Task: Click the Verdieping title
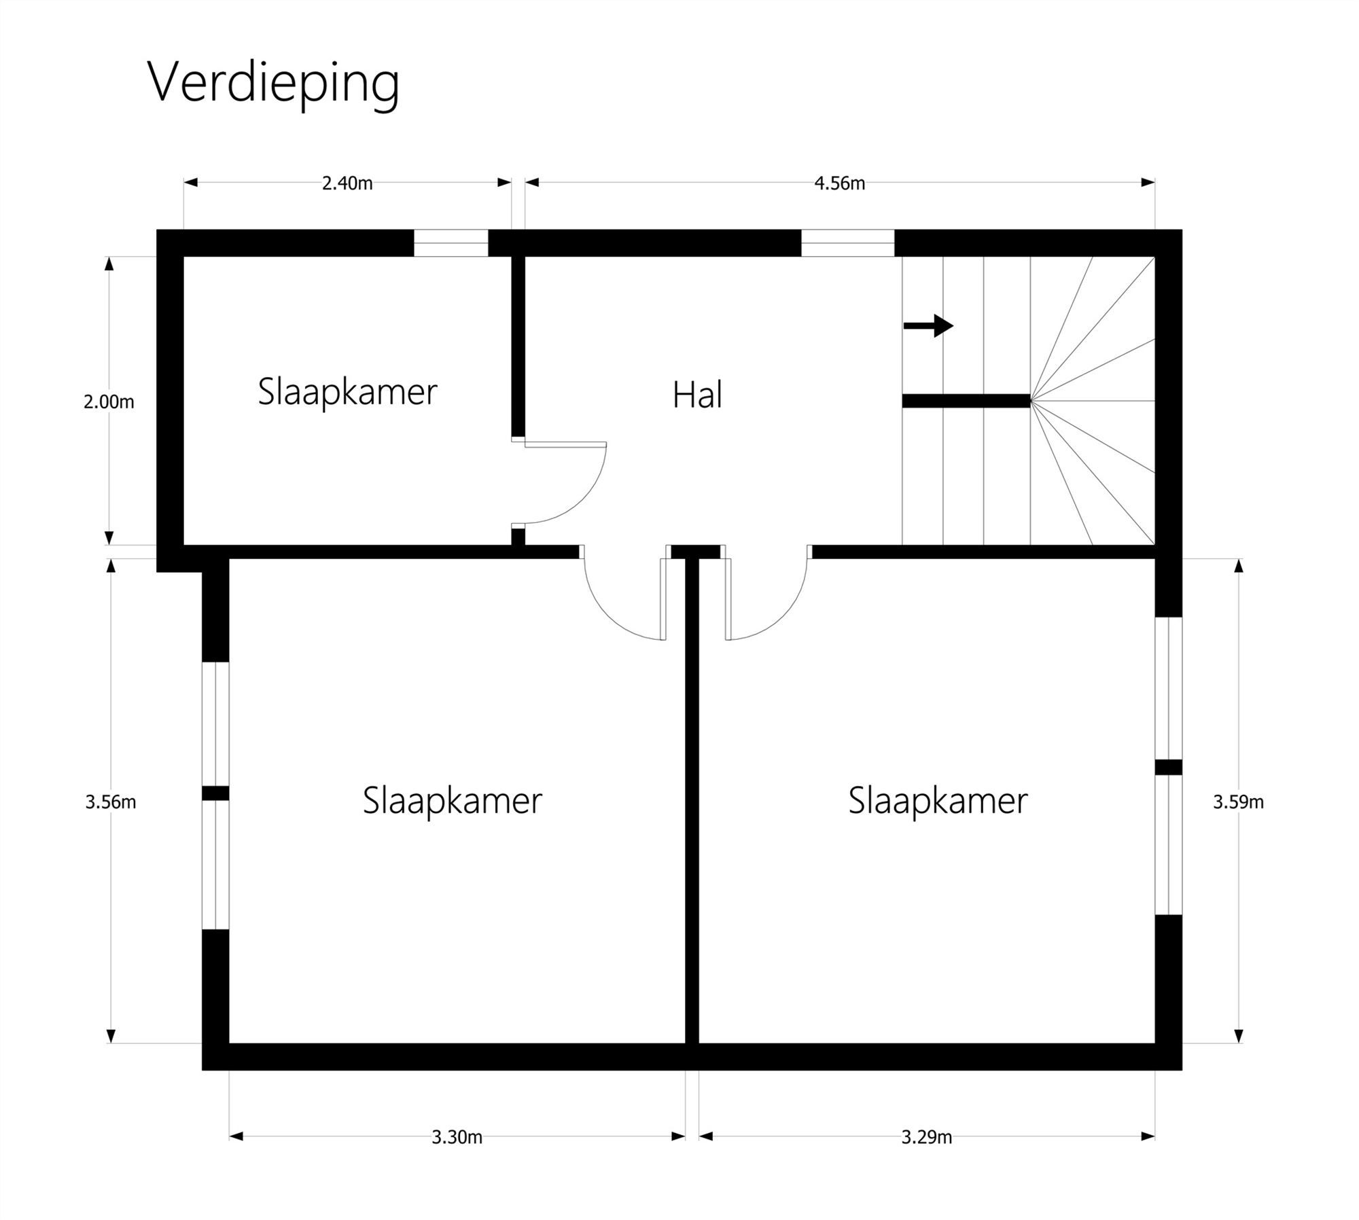click(273, 83)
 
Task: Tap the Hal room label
click(697, 395)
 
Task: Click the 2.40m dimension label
click(347, 183)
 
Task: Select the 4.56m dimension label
click(840, 183)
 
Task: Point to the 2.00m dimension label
click(109, 402)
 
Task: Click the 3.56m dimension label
click(110, 802)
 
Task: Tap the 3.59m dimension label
click(1238, 802)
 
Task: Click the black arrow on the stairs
click(928, 326)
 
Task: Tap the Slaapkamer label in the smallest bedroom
click(347, 392)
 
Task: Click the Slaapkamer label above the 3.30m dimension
click(452, 800)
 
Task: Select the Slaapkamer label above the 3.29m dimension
click(938, 800)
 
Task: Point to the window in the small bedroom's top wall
click(451, 243)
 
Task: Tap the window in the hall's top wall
click(847, 243)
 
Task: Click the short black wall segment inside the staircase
click(966, 401)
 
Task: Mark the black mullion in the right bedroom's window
click(1169, 767)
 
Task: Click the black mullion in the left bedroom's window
click(215, 793)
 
